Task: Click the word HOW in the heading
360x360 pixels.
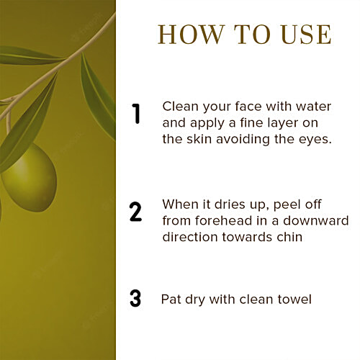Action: pyautogui.click(x=191, y=35)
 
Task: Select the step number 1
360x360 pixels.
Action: pyautogui.click(x=136, y=114)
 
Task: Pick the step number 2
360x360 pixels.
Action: pyautogui.click(x=136, y=212)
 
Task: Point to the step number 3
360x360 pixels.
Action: pyautogui.click(x=135, y=298)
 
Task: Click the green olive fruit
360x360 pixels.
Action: pyautogui.click(x=30, y=178)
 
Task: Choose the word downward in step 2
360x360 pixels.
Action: pyautogui.click(x=316, y=220)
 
